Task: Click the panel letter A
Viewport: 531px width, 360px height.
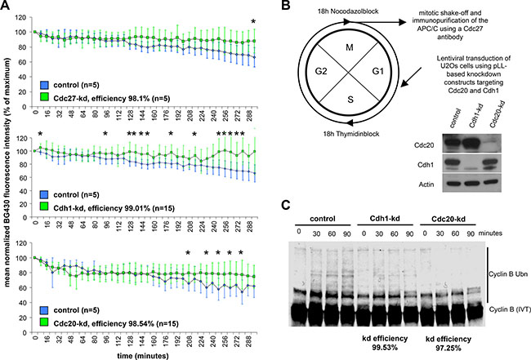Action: point(6,7)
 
